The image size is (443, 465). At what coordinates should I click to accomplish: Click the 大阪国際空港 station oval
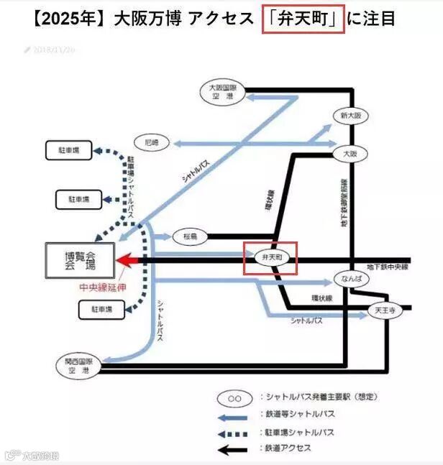(223, 91)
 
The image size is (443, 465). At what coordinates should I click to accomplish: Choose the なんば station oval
(350, 279)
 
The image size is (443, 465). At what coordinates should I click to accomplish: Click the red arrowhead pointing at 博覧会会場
(128, 260)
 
